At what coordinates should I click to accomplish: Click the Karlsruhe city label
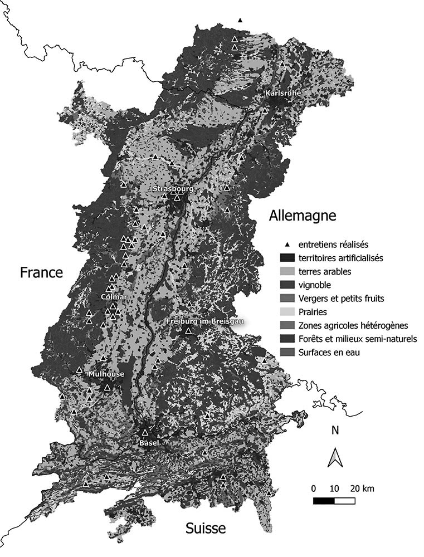click(284, 93)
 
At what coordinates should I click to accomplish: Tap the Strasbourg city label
click(173, 189)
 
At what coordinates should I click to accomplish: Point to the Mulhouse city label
click(106, 374)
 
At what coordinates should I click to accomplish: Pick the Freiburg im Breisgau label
click(206, 321)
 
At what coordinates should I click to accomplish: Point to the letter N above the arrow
click(335, 431)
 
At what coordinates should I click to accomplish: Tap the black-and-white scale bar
click(334, 500)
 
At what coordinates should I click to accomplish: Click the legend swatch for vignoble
click(287, 285)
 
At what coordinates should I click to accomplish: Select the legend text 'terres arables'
click(325, 271)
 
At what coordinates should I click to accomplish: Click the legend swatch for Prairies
click(287, 312)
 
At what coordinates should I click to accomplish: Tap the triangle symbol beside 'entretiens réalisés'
click(286, 245)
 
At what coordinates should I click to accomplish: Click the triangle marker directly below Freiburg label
click(188, 331)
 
